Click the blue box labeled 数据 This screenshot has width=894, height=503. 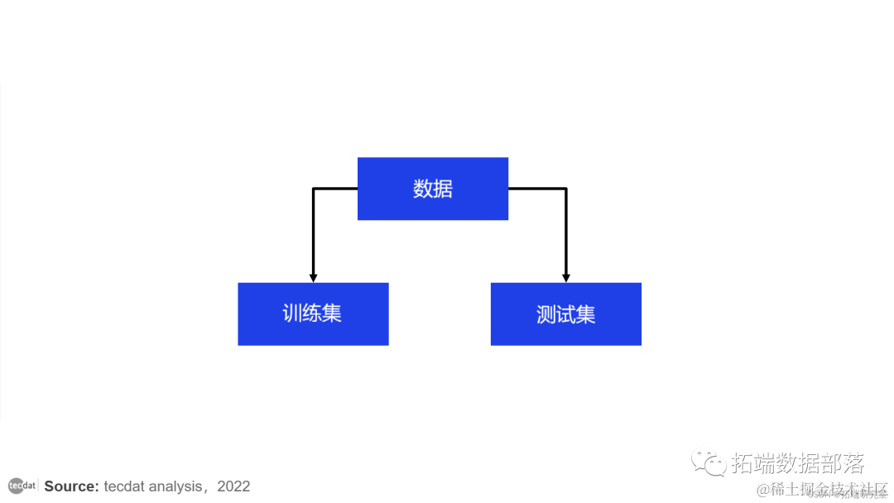click(432, 189)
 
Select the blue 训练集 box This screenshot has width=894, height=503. click(313, 314)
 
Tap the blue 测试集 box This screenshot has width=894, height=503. click(565, 314)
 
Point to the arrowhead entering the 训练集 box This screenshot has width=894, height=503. click(313, 277)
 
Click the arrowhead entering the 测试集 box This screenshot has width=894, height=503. click(566, 277)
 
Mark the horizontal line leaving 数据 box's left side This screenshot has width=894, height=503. click(335, 189)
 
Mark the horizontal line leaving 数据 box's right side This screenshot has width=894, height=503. click(537, 189)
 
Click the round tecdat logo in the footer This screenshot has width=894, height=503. click(22, 486)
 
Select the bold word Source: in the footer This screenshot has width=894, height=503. click(72, 486)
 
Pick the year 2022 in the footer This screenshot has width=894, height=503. click(233, 486)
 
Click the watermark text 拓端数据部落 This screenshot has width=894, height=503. click(797, 462)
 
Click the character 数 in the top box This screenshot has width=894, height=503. click(423, 189)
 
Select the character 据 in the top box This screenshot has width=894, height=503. click(443, 189)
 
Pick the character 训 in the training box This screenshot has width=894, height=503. click(292, 314)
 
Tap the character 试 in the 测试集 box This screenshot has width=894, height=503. click(565, 314)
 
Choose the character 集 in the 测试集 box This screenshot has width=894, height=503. click(586, 314)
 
